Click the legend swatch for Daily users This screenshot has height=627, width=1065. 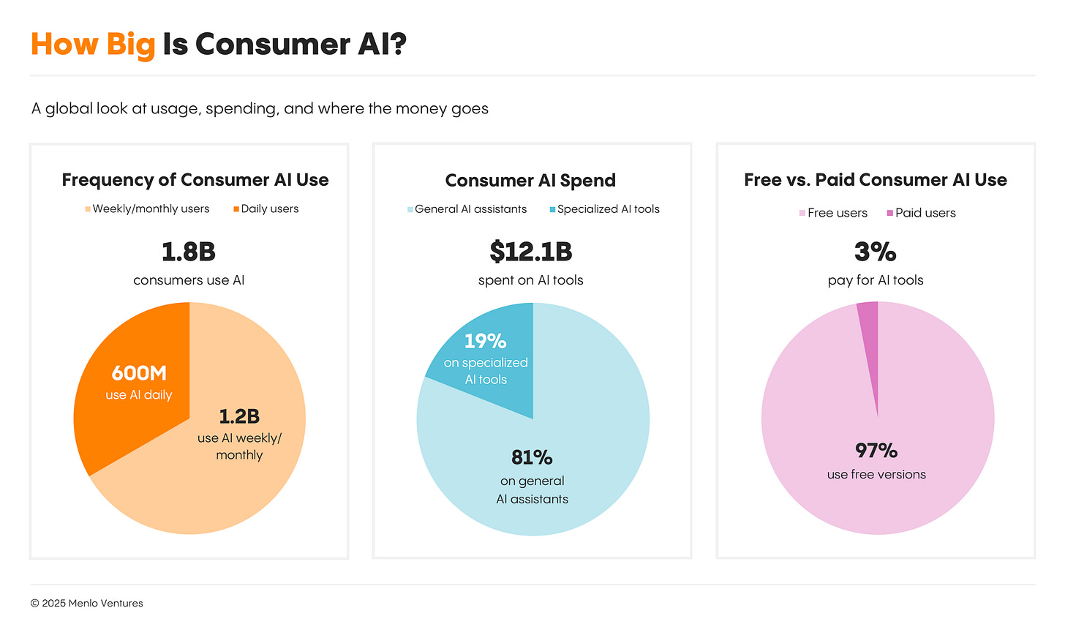point(236,209)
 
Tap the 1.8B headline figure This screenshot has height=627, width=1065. point(189,252)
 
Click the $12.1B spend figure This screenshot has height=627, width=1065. point(531,252)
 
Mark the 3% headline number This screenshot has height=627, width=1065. point(876,252)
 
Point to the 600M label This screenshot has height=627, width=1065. point(139,373)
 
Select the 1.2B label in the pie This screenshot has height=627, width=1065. point(239,416)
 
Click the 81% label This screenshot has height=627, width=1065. point(532,457)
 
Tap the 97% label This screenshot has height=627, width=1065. point(876,450)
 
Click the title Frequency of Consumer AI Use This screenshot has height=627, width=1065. point(195,180)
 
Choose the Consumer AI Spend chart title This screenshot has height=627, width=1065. point(530,181)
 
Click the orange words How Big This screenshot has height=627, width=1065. point(93,44)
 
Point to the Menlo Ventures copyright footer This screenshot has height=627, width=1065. point(87,604)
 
